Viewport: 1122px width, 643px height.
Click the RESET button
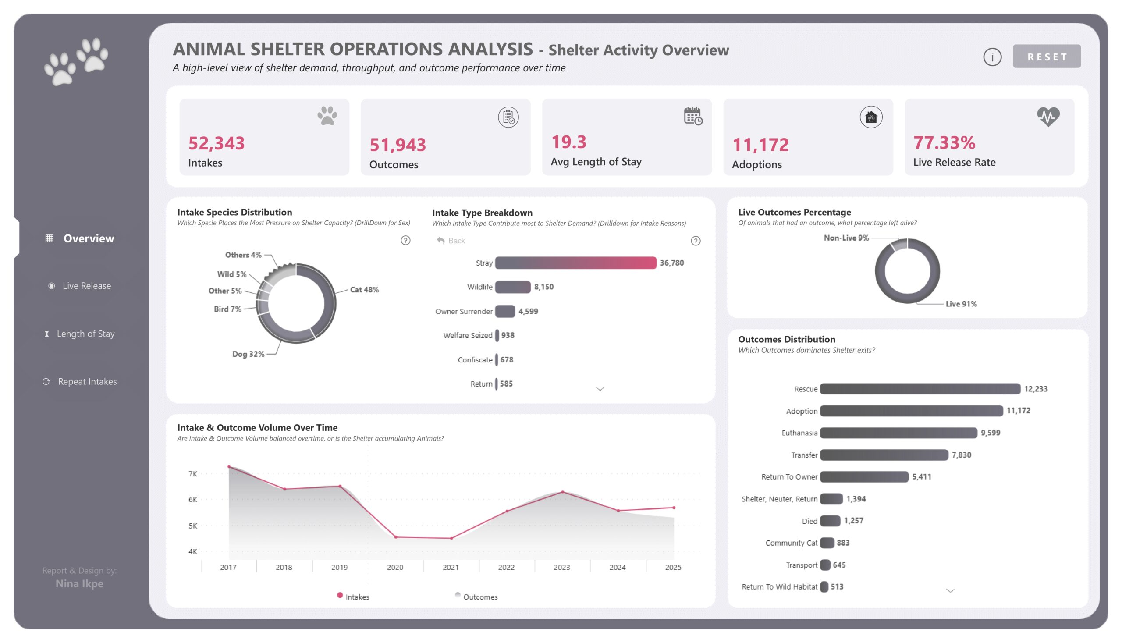pos(1046,57)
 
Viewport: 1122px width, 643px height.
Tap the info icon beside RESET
pos(992,57)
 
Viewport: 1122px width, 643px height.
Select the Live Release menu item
pos(86,286)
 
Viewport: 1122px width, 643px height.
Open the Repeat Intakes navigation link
pos(87,382)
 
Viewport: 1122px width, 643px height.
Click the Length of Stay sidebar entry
pos(85,334)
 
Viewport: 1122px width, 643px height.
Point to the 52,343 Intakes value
pos(217,143)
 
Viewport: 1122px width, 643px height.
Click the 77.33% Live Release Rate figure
pos(944,142)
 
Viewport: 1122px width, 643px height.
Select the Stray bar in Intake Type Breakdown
pos(575,263)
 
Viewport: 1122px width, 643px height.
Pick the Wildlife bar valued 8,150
pos(512,287)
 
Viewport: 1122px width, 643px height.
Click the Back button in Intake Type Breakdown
pos(451,241)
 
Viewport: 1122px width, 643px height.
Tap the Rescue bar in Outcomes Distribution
pos(920,389)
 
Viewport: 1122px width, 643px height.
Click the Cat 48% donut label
pos(364,290)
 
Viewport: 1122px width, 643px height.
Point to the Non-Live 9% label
pos(845,238)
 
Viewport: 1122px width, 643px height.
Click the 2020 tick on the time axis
pos(395,568)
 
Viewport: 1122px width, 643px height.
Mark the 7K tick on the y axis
pos(193,474)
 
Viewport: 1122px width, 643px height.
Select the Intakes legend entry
pos(356,597)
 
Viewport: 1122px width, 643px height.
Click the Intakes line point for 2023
pos(562,491)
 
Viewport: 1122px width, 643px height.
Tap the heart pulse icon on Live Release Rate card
pos(1047,117)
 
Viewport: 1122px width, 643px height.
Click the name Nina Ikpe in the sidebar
pos(79,583)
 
